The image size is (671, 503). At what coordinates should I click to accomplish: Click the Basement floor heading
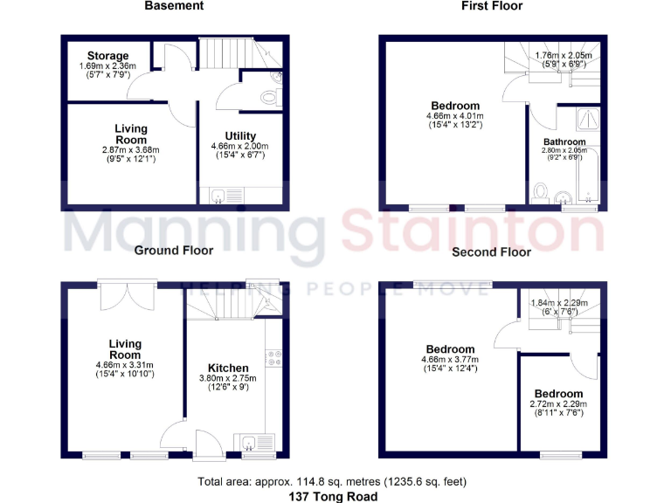click(x=174, y=6)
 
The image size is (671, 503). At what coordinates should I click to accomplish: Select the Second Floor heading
click(x=491, y=252)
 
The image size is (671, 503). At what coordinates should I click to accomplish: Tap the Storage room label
click(x=107, y=56)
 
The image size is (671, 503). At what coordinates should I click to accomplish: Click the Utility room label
click(x=239, y=135)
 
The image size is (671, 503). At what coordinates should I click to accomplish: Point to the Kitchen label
click(x=228, y=368)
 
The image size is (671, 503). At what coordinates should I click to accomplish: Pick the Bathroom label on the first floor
click(x=564, y=141)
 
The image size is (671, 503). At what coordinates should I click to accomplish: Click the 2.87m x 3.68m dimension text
click(x=131, y=150)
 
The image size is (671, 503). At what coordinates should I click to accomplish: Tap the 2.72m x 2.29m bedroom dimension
click(x=559, y=403)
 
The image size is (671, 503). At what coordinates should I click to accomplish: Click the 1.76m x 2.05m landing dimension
click(x=563, y=55)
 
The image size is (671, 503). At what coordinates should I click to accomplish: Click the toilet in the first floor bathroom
click(x=541, y=189)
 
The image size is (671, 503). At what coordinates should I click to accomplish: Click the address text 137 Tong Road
click(x=335, y=496)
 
